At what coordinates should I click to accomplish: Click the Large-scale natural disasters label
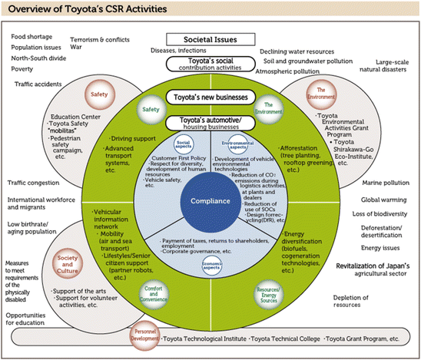[392, 68]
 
